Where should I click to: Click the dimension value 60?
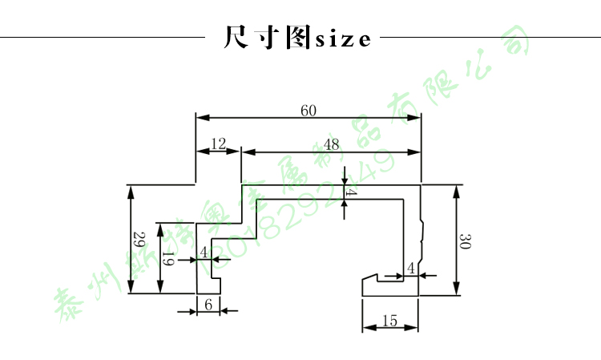coord(309,111)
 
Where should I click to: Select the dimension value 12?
coord(217,144)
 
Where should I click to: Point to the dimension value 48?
coord(331,144)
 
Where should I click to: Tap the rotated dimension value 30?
coord(466,241)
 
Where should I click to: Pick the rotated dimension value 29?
coord(137,240)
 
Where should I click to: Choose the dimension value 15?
coord(389,321)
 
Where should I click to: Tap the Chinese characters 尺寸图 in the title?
coord(266,38)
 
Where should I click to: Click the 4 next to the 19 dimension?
coord(204,252)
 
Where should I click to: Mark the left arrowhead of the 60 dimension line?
coord(201,119)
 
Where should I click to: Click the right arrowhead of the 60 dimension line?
coord(417,119)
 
